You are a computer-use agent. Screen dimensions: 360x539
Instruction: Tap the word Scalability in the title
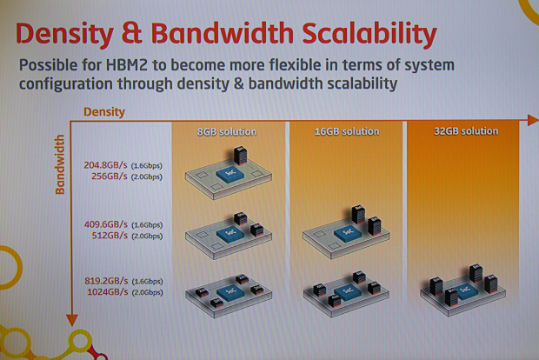[x=362, y=34]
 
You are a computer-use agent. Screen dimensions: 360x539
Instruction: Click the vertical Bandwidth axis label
[x=62, y=163]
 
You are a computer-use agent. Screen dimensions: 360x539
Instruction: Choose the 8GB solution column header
[x=226, y=131]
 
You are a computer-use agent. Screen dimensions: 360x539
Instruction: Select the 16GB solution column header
[x=347, y=131]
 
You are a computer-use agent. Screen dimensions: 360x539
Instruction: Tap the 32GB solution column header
[x=466, y=131]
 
